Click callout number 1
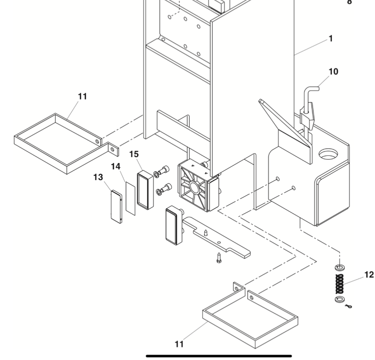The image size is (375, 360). click(x=331, y=38)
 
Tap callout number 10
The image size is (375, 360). click(x=333, y=72)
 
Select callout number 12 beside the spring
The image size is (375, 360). click(x=369, y=275)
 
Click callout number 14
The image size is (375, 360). click(x=116, y=166)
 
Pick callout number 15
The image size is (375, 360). click(x=134, y=154)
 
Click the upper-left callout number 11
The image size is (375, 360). click(x=82, y=97)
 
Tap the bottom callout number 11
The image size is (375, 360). click(x=179, y=344)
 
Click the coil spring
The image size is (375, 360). click(x=339, y=283)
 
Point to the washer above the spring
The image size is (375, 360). click(x=339, y=268)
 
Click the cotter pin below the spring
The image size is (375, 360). click(x=348, y=306)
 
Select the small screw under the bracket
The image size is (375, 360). click(x=219, y=256)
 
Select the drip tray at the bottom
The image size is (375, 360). click(x=250, y=322)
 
